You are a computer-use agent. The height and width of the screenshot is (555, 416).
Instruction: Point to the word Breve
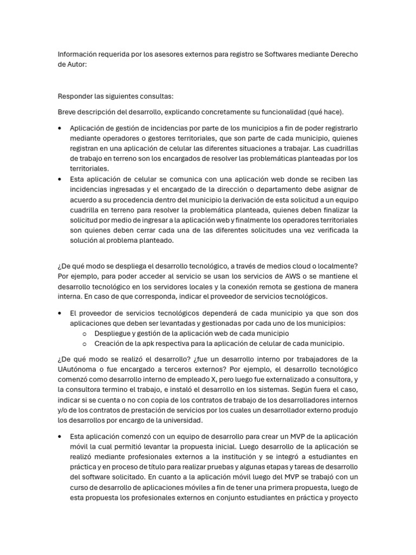(68, 112)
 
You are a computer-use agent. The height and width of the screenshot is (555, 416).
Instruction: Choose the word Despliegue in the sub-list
(114, 333)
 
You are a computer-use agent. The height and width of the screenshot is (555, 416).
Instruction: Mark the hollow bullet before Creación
(84, 344)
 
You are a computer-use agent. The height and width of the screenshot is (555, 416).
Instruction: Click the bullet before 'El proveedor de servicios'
(58, 313)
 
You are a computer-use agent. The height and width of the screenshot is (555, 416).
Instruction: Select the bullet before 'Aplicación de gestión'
(58, 128)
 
